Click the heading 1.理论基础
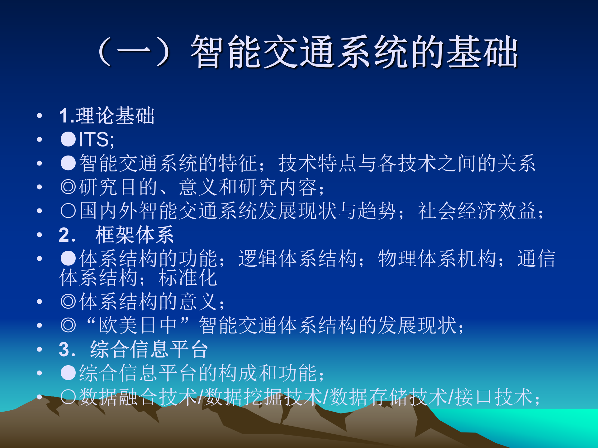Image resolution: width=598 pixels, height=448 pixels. coord(107,115)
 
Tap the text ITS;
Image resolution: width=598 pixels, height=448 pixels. coord(96,139)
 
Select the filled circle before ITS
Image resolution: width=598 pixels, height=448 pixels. coord(68,139)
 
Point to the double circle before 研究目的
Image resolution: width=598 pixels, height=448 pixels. coord(68,187)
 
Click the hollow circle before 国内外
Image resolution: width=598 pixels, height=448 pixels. coord(68,211)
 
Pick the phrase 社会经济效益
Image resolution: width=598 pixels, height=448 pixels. coord(477,211)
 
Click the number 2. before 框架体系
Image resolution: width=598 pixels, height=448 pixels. coord(67,235)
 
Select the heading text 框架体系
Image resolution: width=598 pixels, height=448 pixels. coord(134,235)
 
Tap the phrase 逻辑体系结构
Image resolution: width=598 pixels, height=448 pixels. coord(297,259)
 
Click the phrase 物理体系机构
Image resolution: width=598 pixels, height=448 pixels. coord(437,259)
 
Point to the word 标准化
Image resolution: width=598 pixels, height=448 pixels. coord(187,278)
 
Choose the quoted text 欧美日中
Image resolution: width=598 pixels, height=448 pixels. coord(138,325)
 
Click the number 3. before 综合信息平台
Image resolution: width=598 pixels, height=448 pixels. coord(67,349)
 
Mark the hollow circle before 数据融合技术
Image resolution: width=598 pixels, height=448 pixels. coord(68,397)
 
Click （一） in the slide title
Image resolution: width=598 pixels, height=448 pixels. coord(134,51)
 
